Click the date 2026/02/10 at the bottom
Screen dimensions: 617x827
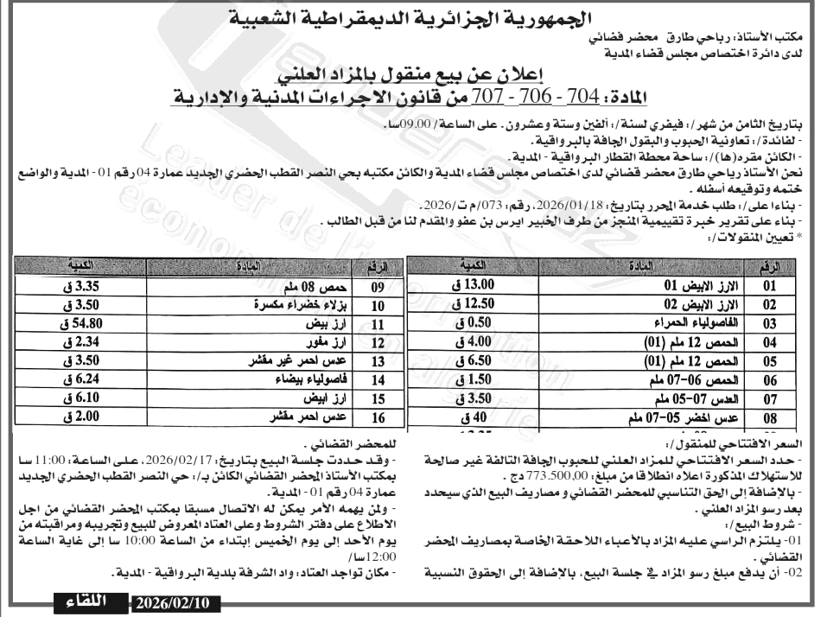pyautogui.click(x=173, y=602)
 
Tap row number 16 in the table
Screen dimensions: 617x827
pyautogui.click(x=379, y=418)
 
